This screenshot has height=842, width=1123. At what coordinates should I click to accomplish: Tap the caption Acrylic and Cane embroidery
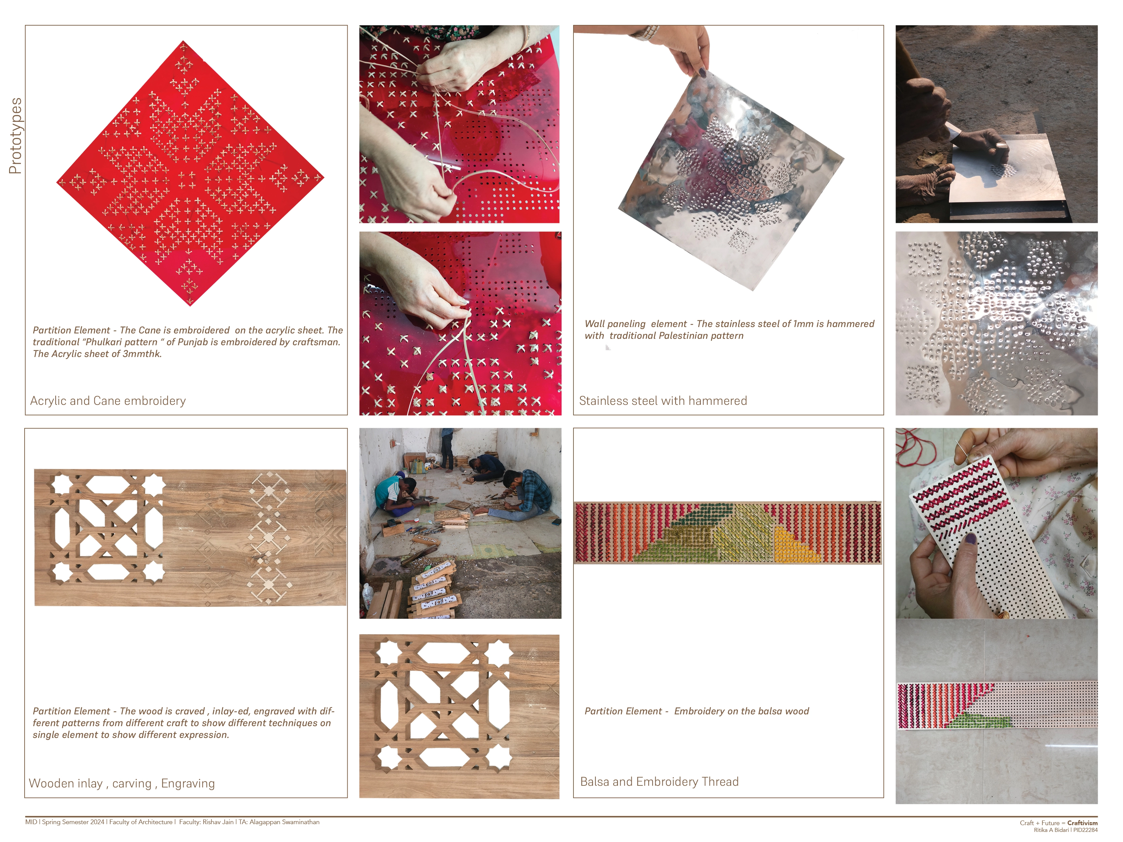107,400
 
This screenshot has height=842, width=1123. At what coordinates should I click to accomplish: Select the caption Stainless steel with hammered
663,400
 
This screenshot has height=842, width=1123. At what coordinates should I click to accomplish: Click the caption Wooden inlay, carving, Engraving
122,783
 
